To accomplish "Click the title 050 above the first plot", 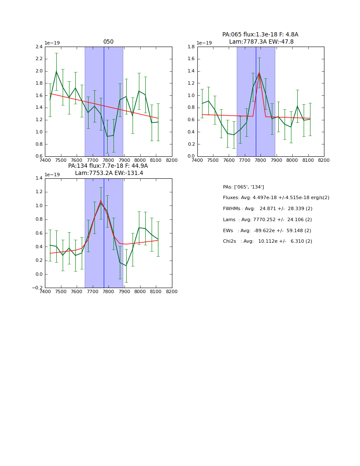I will pos(108,42).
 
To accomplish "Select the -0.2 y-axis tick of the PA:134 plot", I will pos(38,288).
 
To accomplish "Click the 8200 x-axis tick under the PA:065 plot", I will pos(324,160).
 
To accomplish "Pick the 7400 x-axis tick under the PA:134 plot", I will pos(45,291).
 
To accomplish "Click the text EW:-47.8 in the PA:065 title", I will pos(282,42).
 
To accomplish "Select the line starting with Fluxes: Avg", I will pos(276,198).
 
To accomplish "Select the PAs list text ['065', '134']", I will pos(252,187).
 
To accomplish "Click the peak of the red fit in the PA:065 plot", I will pos(259,73).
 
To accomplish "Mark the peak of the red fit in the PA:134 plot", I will pos(101,200).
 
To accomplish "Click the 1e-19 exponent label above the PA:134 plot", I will pos(53,175).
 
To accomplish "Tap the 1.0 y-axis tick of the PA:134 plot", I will pos(39,205).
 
